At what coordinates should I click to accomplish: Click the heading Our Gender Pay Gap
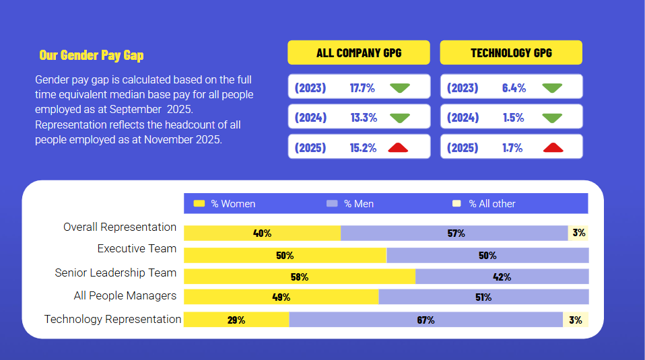[x=91, y=55]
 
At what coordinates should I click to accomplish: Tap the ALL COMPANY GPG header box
[x=358, y=52]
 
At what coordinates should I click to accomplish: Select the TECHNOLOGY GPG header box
[x=511, y=52]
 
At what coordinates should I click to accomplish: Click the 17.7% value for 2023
[x=362, y=87]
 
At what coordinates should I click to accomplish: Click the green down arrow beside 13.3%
[x=400, y=118]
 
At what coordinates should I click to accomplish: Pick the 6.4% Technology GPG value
[x=514, y=87]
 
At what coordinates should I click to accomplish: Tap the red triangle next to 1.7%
[x=553, y=147]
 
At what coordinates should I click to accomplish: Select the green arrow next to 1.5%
[x=553, y=118]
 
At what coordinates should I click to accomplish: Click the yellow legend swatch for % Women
[x=199, y=203]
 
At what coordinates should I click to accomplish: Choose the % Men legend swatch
[x=331, y=203]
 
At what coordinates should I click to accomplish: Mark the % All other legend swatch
[x=456, y=203]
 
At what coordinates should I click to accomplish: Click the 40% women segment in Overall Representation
[x=262, y=233]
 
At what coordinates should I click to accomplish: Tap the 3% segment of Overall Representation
[x=578, y=233]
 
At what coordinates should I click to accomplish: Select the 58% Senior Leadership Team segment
[x=300, y=277]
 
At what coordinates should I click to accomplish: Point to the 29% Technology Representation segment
[x=236, y=320]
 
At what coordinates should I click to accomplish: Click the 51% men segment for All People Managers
[x=483, y=297]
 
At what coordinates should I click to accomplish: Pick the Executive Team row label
[x=137, y=248]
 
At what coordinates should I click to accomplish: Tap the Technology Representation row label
[x=112, y=319]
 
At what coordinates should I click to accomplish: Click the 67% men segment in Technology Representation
[x=426, y=320]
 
